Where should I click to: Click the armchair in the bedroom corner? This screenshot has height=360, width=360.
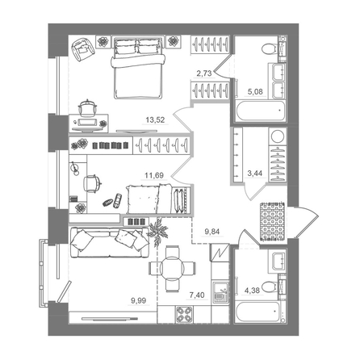point(82,51)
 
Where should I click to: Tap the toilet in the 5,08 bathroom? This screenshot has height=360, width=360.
point(273,50)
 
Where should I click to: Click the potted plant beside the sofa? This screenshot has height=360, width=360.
point(158,231)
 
